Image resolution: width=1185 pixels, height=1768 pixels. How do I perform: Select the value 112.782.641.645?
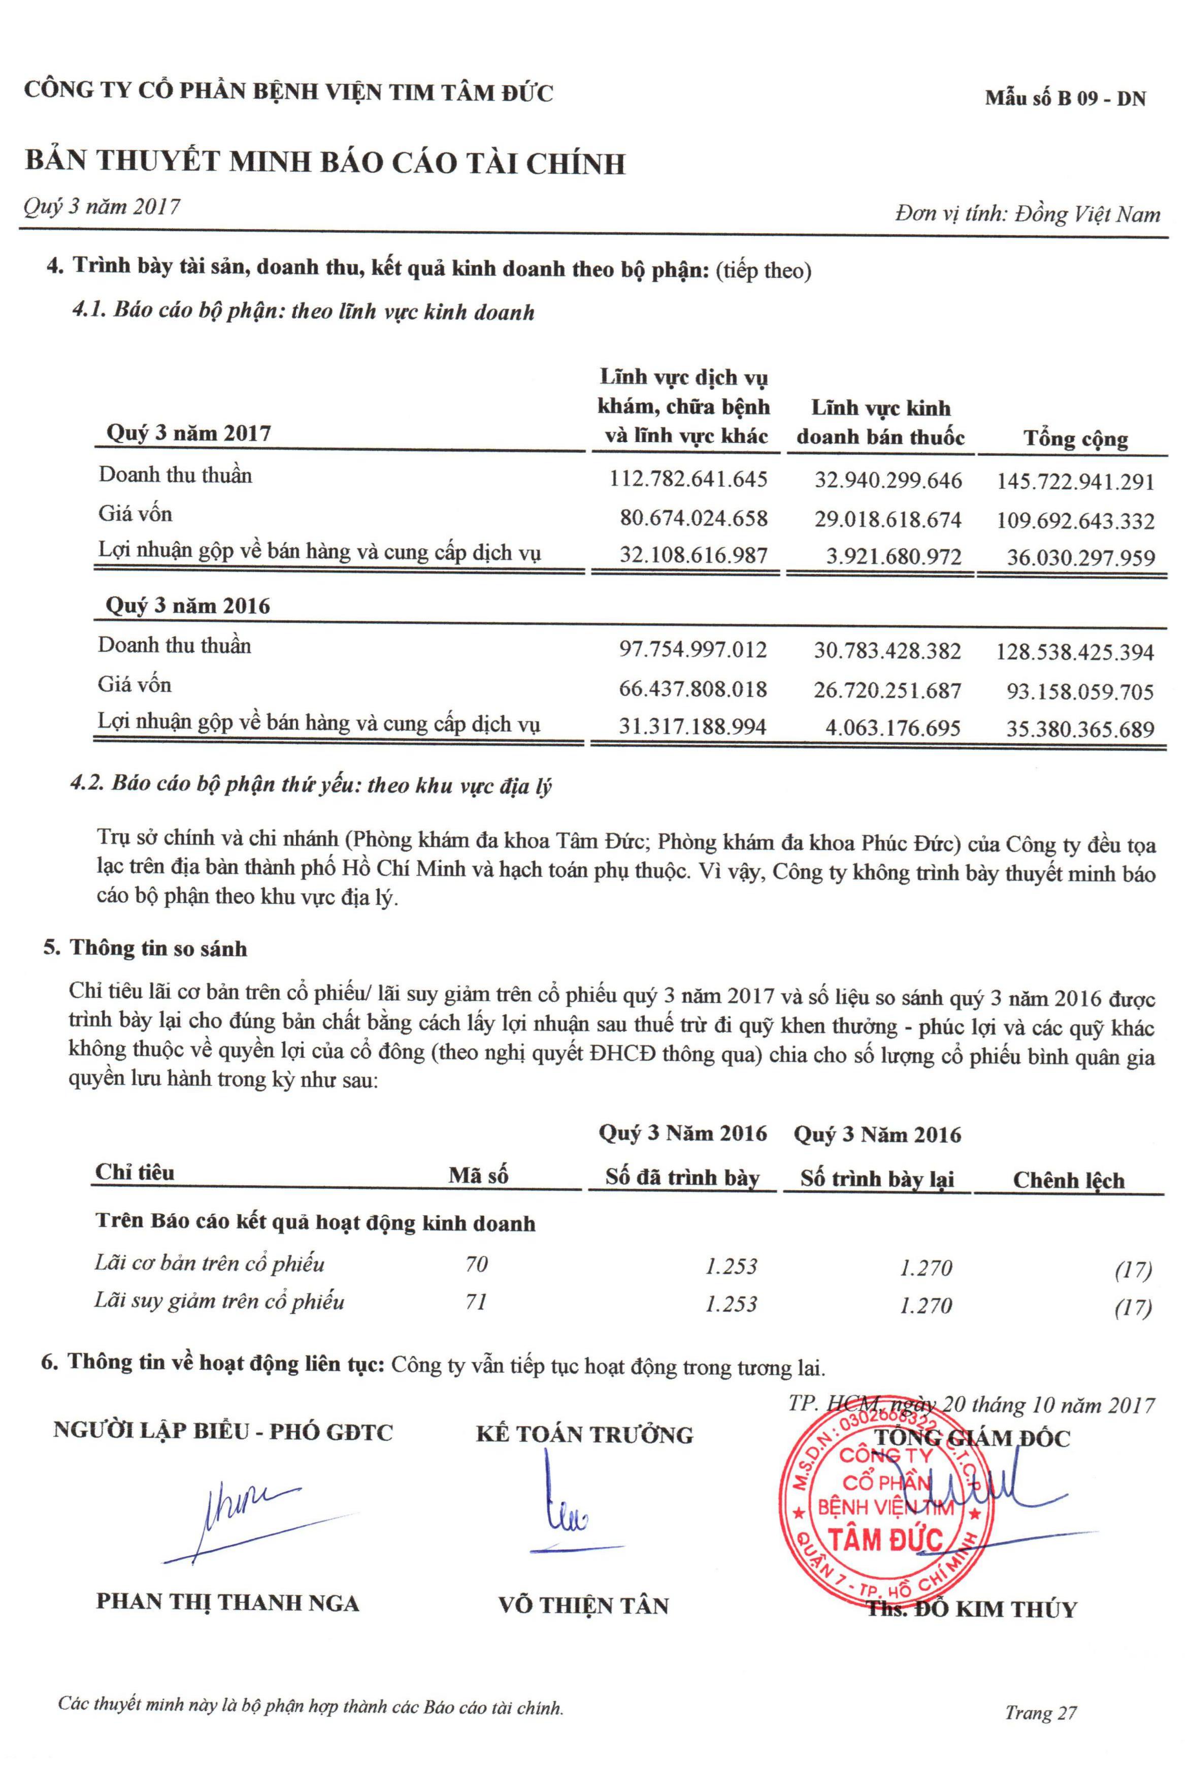coord(688,480)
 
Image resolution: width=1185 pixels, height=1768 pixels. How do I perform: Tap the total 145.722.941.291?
coord(1075,481)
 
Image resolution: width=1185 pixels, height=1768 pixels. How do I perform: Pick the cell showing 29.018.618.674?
coord(887,520)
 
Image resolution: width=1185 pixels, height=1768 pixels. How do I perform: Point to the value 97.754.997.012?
coord(692,650)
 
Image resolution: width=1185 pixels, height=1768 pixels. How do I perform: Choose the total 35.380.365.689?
coord(1080,729)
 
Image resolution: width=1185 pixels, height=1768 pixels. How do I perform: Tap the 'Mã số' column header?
coord(478,1176)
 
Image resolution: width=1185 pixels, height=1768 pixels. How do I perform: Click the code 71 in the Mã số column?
coord(476,1302)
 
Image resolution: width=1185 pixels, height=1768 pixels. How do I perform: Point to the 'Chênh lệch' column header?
coord(1068,1180)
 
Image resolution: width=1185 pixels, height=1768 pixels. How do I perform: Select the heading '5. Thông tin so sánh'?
coord(145,949)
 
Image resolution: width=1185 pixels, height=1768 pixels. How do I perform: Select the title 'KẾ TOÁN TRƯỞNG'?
coord(584,1435)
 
